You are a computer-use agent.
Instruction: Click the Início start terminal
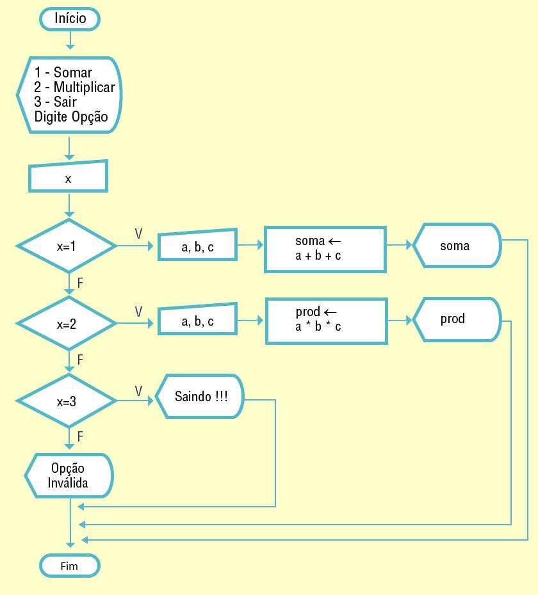(x=70, y=19)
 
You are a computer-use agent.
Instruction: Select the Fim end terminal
(x=70, y=566)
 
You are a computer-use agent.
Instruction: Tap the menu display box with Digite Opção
(x=69, y=95)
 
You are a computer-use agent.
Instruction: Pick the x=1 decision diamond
(x=67, y=246)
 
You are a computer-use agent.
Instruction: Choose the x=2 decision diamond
(x=67, y=324)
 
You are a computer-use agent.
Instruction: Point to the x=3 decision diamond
(x=67, y=402)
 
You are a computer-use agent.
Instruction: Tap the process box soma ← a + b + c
(x=325, y=248)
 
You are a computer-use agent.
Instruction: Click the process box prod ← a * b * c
(x=326, y=320)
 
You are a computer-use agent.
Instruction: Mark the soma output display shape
(x=456, y=245)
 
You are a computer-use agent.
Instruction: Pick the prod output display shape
(x=455, y=319)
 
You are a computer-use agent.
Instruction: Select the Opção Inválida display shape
(x=69, y=475)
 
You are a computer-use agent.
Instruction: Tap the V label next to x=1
(x=138, y=234)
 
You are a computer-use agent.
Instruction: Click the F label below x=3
(x=80, y=436)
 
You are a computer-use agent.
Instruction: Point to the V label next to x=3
(x=138, y=390)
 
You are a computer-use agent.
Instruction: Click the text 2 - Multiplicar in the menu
(x=74, y=87)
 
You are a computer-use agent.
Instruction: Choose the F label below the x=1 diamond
(x=80, y=282)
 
